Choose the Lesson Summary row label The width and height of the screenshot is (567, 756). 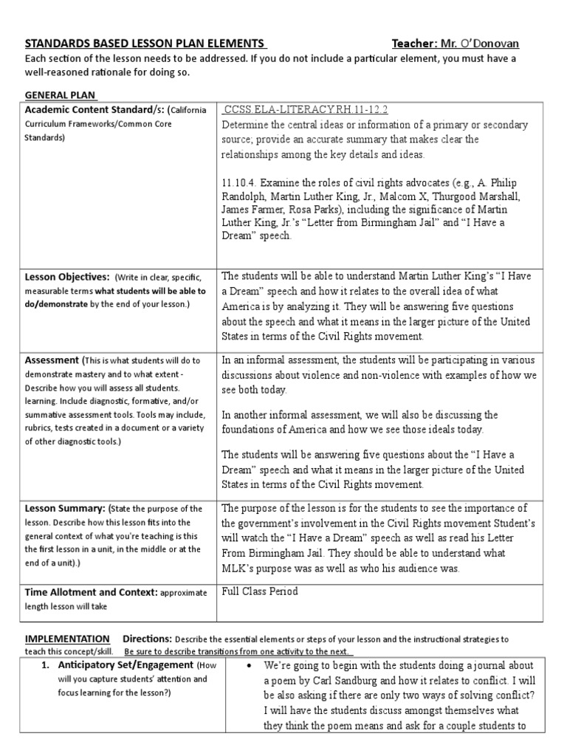pos(66,509)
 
